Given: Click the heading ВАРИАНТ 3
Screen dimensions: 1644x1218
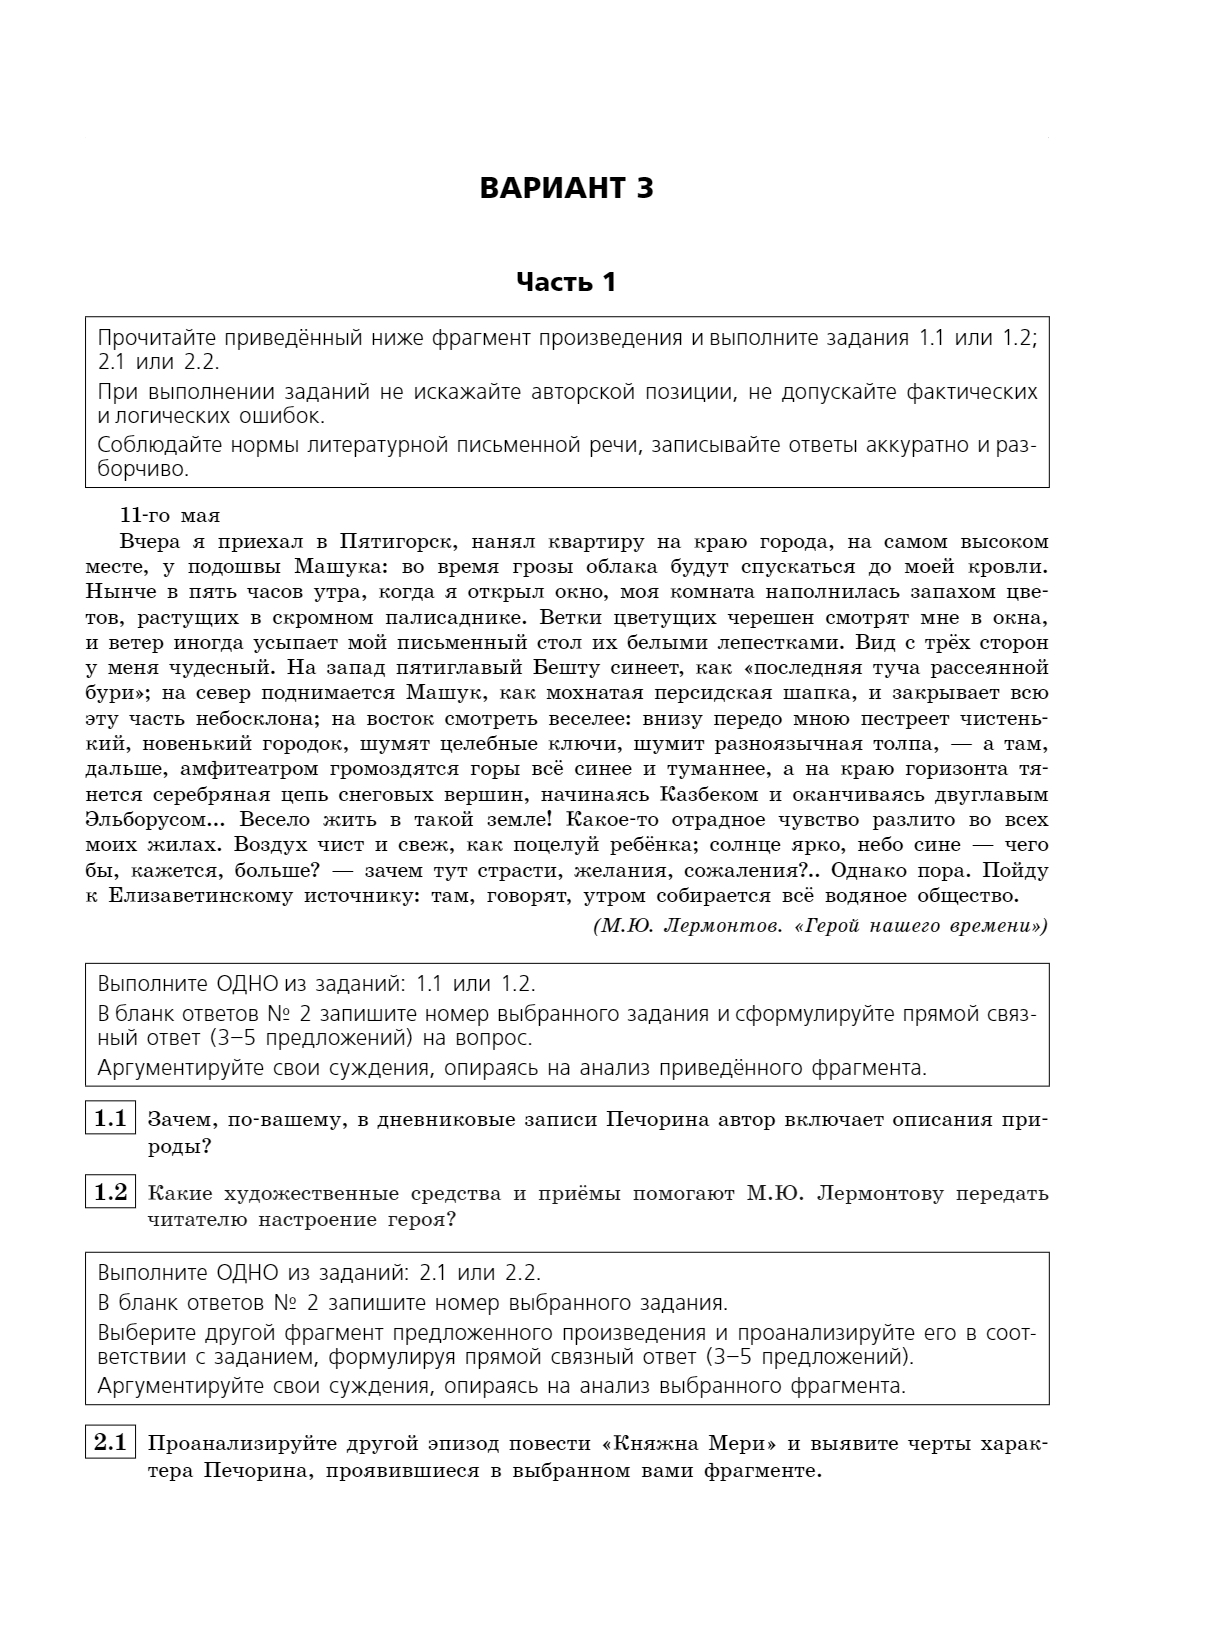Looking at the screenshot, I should (x=566, y=188).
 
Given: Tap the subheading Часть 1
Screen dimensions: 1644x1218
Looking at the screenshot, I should (x=566, y=283).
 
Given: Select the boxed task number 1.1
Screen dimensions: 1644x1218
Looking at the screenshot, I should (x=110, y=1119).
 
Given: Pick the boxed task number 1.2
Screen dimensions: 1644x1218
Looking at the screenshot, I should (x=110, y=1192).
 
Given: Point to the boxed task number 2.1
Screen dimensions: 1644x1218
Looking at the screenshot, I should (x=110, y=1443).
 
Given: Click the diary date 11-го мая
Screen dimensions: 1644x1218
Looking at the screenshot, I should (x=170, y=516).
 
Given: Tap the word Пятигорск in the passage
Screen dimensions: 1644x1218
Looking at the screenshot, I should (x=398, y=542).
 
